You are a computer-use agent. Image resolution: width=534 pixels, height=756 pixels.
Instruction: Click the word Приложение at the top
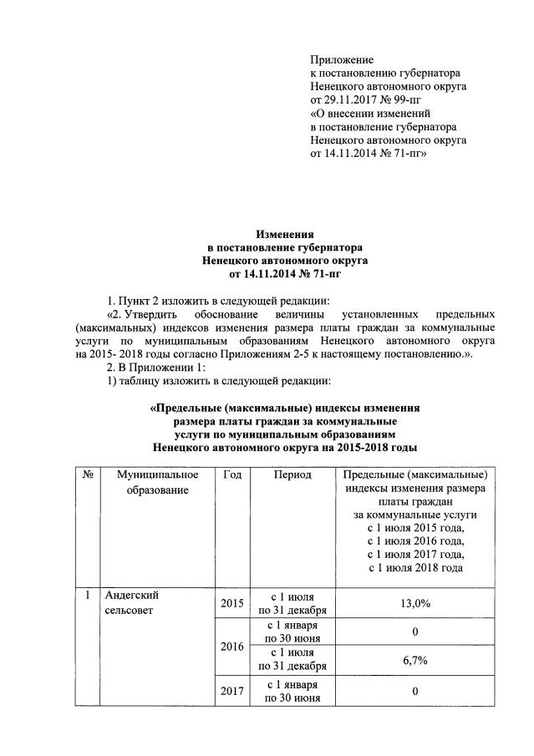pos(341,59)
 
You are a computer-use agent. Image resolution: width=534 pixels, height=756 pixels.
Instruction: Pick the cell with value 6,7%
pos(414,660)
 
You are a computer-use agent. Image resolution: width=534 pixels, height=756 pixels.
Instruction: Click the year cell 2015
pos(232,603)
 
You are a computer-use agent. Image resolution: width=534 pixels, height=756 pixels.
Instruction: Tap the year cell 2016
pos(232,646)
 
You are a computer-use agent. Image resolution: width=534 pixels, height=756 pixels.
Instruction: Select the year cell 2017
pos(232,691)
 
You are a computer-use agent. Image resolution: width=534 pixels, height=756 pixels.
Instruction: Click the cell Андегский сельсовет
pos(132,603)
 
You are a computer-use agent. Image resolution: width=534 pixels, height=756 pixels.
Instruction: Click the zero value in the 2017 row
pos(414,691)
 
